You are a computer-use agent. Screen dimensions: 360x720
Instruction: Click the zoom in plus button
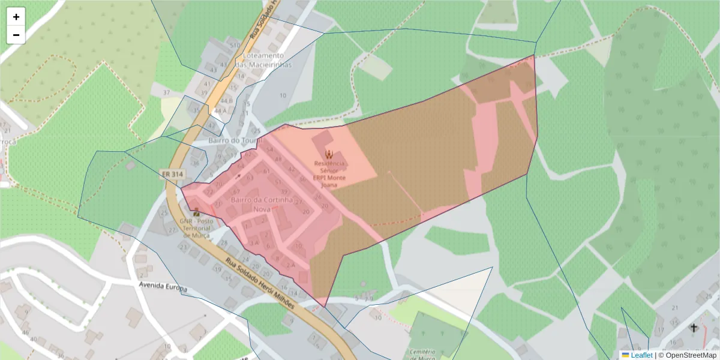tap(16, 17)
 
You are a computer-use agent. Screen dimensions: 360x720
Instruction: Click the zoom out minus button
tap(16, 35)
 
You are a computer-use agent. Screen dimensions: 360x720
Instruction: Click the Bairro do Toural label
tap(235, 140)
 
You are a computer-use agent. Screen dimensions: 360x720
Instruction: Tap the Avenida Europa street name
tap(162, 287)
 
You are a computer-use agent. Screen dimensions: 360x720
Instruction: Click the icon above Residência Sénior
tap(328, 154)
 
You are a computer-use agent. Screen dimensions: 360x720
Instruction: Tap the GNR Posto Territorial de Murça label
tap(196, 228)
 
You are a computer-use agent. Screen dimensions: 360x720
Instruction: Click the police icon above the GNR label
tap(196, 212)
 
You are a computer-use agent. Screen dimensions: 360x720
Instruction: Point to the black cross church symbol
tap(694, 328)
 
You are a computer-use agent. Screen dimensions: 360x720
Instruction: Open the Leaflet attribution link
tap(641, 355)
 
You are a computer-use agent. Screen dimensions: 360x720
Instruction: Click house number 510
tap(235, 45)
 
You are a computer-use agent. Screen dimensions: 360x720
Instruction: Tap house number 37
tap(166, 92)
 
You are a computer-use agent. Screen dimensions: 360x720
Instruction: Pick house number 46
tap(25, 332)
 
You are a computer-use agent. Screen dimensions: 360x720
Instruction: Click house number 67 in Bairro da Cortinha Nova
tap(236, 191)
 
